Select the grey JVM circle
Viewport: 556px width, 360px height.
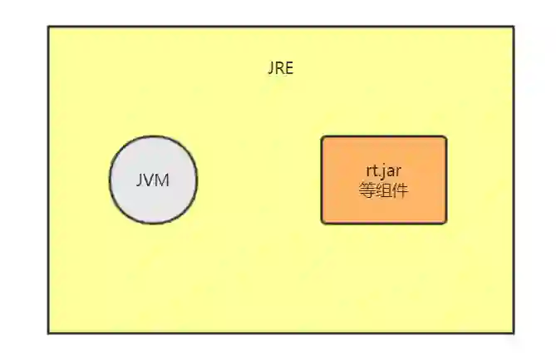point(153,180)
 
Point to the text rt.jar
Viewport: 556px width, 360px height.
point(384,172)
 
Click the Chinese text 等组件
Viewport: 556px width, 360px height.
point(384,190)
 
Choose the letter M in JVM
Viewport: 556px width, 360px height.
point(163,180)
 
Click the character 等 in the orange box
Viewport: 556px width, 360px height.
point(367,190)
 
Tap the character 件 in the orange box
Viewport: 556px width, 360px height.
point(401,190)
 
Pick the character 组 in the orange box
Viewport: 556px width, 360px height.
point(384,190)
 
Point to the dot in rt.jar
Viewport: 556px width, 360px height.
point(378,176)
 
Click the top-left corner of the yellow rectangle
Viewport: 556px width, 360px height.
point(48,27)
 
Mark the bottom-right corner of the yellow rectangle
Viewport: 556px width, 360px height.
point(514,333)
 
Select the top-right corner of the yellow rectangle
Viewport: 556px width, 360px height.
point(514,27)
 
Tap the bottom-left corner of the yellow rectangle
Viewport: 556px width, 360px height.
point(48,333)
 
